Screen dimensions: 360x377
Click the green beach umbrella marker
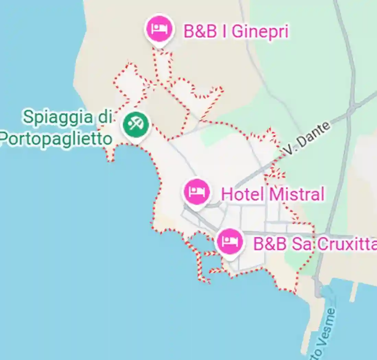click(x=136, y=124)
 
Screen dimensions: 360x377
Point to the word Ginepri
click(x=260, y=32)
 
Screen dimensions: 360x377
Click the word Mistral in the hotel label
click(x=296, y=194)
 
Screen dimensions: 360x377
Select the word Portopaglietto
click(x=56, y=139)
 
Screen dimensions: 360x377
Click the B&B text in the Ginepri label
click(x=200, y=32)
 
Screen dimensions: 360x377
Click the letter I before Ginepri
click(x=225, y=32)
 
